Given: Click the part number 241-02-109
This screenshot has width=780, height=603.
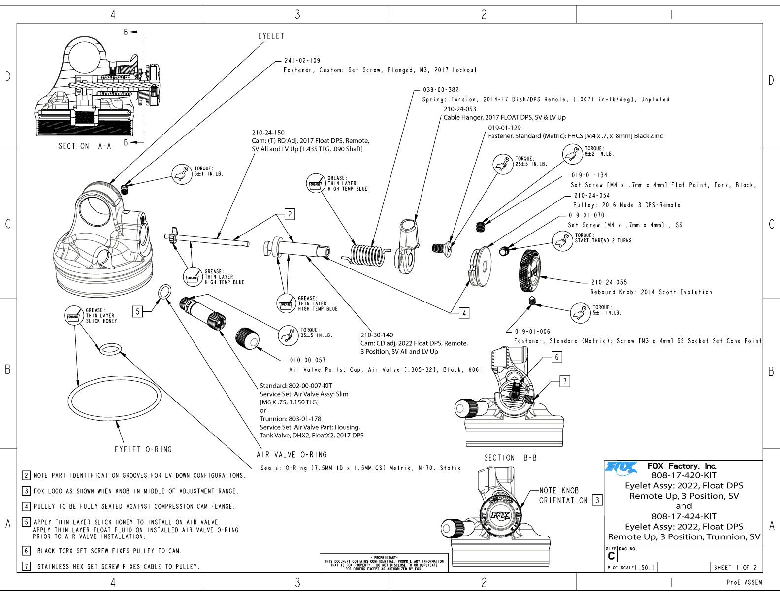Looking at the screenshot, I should (x=302, y=61).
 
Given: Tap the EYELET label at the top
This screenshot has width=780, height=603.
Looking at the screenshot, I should (x=271, y=36).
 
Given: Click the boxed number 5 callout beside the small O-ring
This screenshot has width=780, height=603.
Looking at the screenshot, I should (x=138, y=311).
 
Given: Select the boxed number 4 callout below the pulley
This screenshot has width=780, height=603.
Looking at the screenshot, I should (x=464, y=313).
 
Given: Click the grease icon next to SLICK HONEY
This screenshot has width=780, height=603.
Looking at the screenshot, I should (x=73, y=316).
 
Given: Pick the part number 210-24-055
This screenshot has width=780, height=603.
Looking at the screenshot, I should (x=609, y=283).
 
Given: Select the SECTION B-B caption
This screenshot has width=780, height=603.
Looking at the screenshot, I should (x=510, y=458).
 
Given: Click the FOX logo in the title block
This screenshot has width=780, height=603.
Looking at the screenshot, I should (x=621, y=467).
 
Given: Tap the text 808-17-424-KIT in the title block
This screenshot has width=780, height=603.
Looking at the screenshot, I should (x=684, y=516).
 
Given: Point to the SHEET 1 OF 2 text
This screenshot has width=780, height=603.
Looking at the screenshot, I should (x=736, y=568).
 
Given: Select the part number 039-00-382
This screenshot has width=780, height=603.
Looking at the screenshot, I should (x=441, y=90).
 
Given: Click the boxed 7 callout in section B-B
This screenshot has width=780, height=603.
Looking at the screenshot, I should (x=565, y=381).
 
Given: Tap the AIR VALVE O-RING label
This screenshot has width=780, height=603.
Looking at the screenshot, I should (x=292, y=455).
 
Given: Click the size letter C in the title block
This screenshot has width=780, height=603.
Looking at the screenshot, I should (x=611, y=556).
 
